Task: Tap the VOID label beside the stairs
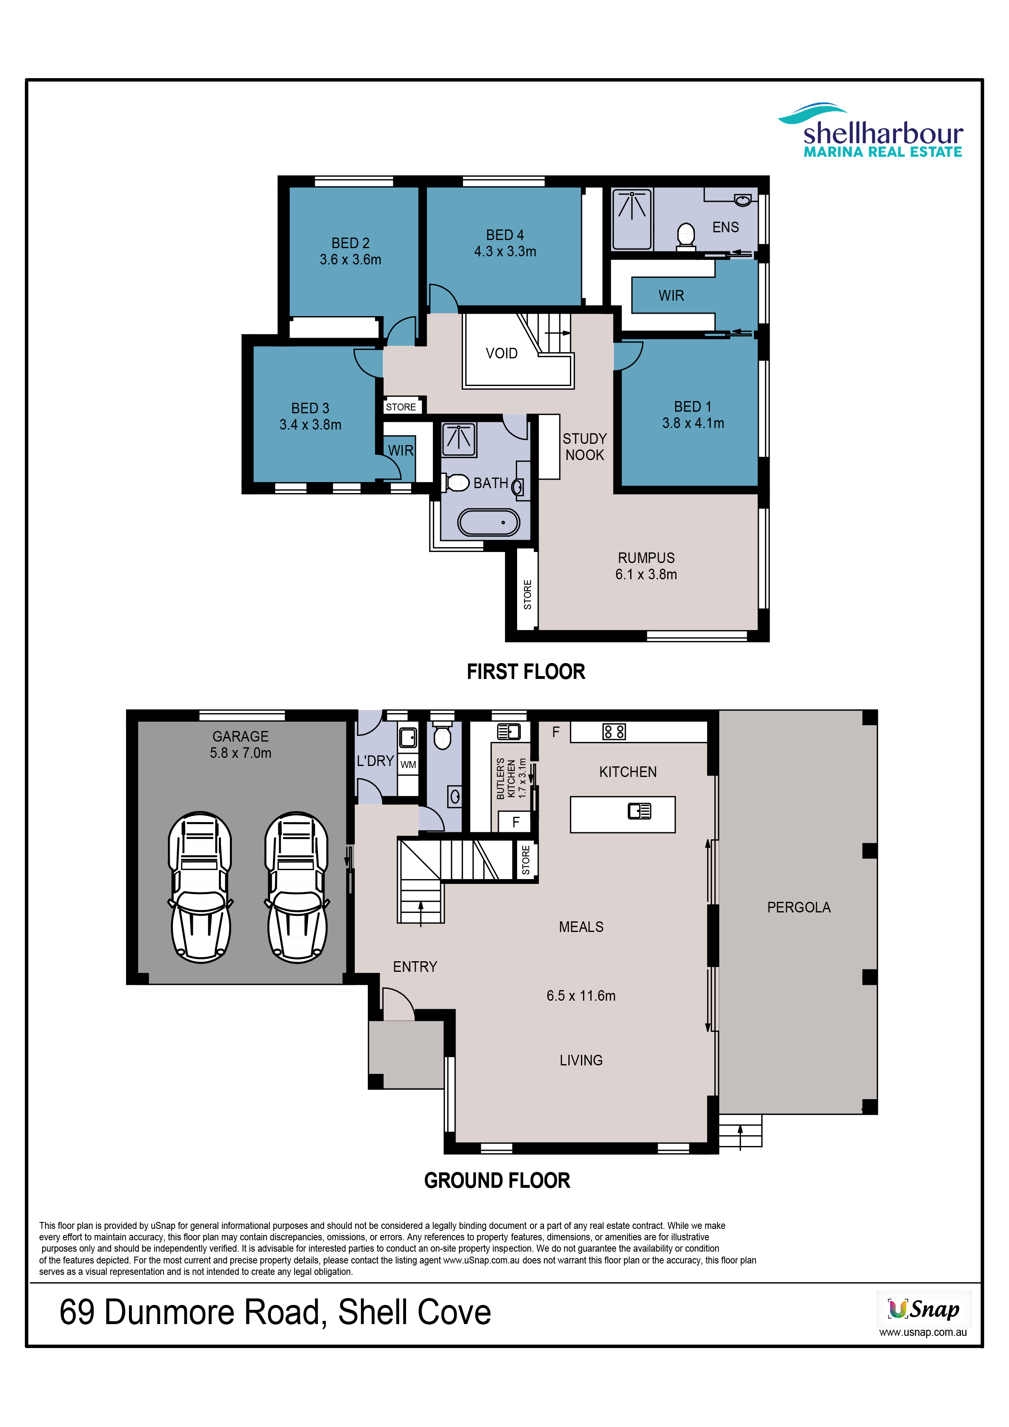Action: coord(501,353)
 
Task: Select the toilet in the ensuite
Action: coord(686,236)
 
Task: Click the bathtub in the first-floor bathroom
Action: coord(489,523)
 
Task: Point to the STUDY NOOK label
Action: coord(584,447)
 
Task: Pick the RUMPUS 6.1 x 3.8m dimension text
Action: coord(646,566)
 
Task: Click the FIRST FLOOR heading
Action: coord(526,672)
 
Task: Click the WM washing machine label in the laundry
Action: coord(408,764)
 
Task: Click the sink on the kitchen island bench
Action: coord(639,811)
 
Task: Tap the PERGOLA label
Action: coord(799,908)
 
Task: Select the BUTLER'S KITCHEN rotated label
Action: coord(511,778)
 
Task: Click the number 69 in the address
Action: coord(77,1313)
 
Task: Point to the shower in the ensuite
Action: coord(631,219)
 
